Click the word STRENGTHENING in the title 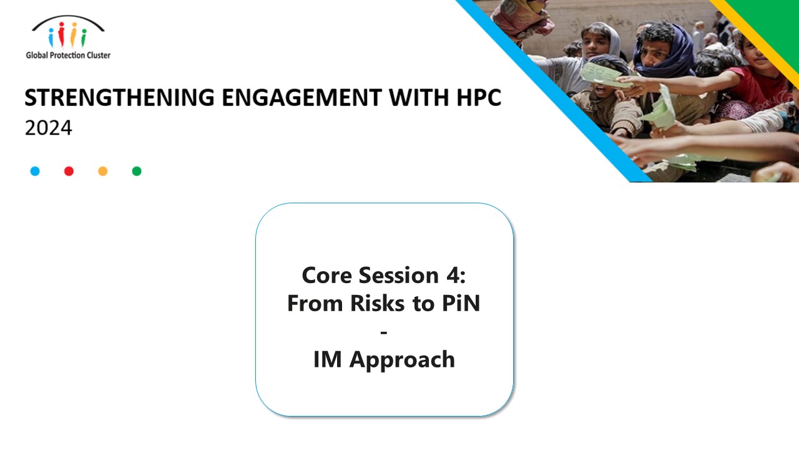[119, 97]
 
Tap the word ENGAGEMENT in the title [301, 97]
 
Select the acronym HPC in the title [479, 97]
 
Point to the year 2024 [49, 128]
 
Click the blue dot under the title [35, 171]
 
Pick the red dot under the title [69, 171]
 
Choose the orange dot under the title [103, 171]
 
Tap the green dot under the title [137, 171]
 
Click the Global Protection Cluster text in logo [68, 56]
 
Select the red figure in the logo [61, 34]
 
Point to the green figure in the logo [84, 38]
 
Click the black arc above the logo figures [68, 16]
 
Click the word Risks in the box [378, 303]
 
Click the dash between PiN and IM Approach [384, 333]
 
